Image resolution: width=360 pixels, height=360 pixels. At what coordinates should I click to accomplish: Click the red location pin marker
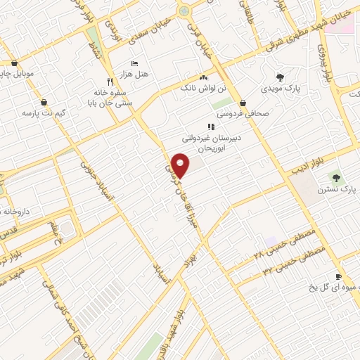[181, 165]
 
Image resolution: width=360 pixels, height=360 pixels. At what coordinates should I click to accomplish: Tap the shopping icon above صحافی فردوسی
[243, 103]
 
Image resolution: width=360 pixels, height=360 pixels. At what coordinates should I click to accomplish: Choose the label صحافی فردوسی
[236, 112]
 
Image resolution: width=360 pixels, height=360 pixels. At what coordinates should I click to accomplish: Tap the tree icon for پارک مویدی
[280, 77]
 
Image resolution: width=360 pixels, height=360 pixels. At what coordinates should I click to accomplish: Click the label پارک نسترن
[333, 190]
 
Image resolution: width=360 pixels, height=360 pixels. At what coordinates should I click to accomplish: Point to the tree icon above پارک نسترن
[335, 178]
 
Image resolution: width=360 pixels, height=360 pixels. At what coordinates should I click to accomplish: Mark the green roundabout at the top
[184, 10]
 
